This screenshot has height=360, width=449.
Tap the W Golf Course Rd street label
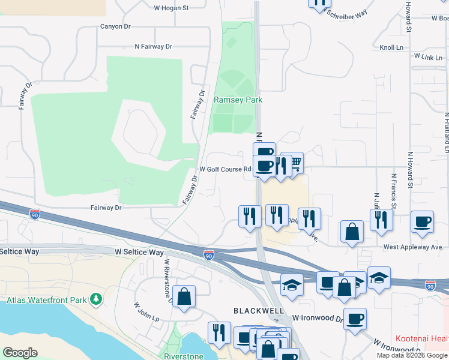[x=225, y=169]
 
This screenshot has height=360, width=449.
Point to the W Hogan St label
[x=171, y=8]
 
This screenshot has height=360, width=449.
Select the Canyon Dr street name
[x=115, y=26]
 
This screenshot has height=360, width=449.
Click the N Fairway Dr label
[x=153, y=46]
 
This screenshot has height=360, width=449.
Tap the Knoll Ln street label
[x=391, y=47]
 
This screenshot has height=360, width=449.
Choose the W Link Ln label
[x=428, y=56]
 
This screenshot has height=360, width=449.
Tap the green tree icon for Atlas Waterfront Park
[x=95, y=298]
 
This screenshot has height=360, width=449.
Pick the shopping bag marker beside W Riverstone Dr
[x=184, y=296]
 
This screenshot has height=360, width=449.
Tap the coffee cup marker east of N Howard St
[x=422, y=221]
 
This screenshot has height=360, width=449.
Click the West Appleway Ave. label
[x=413, y=247]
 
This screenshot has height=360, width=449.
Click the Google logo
[x=20, y=353]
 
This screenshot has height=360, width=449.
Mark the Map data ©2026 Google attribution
[x=411, y=355]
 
